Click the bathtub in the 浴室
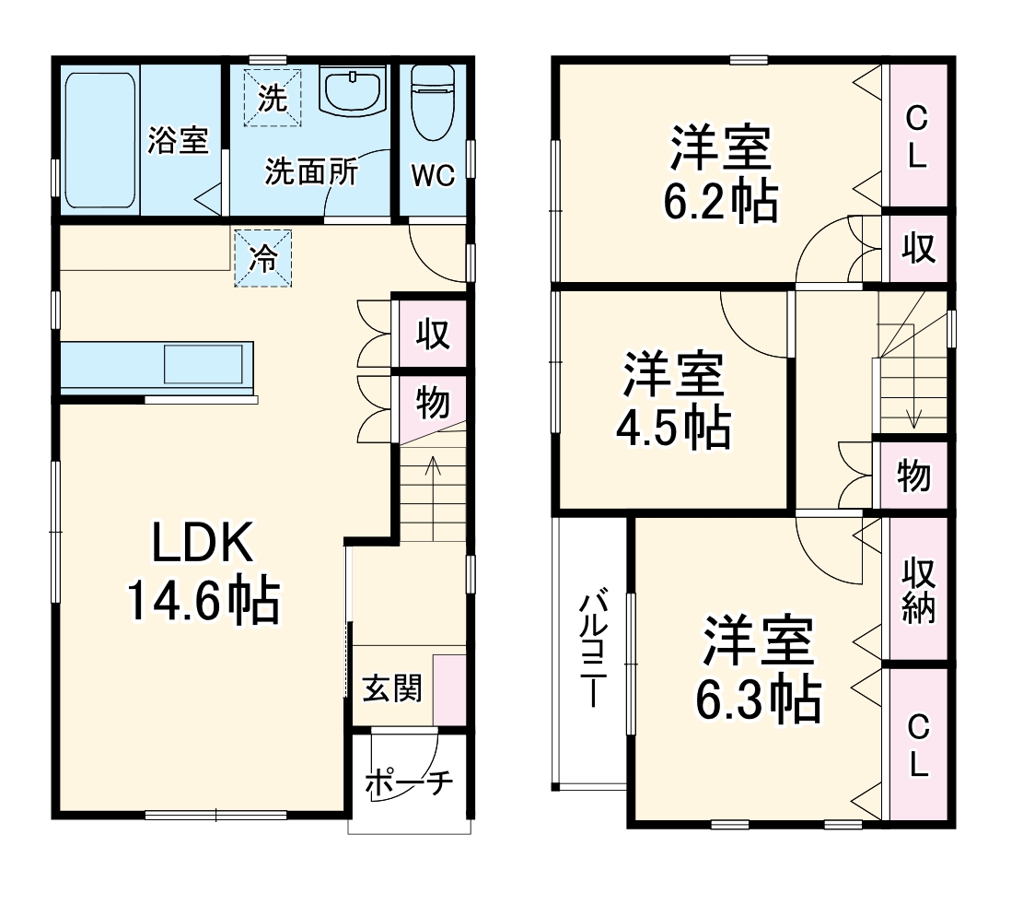tap(100, 140)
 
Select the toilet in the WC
tap(433, 102)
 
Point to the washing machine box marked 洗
tap(272, 98)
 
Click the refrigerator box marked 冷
tap(263, 258)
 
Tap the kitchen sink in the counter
tap(203, 364)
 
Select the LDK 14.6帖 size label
tap(203, 571)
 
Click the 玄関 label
tap(392, 688)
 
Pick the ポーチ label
tap(409, 783)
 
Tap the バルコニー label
tap(592, 649)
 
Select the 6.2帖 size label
tap(720, 202)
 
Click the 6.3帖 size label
tap(758, 699)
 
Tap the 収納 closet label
tap(918, 590)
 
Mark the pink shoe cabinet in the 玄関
tap(449, 690)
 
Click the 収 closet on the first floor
tap(432, 334)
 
